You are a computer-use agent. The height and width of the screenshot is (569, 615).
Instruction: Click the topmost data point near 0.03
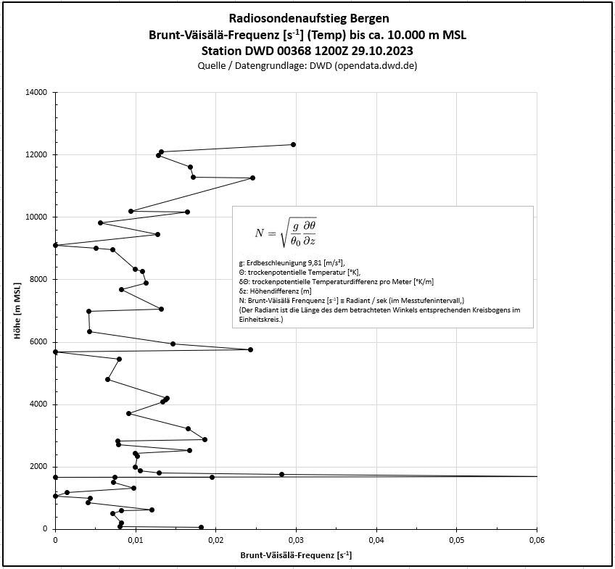[x=293, y=144]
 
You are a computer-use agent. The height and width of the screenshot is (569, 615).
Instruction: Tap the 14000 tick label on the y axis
[x=36, y=92]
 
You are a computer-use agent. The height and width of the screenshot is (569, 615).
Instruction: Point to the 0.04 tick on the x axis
[x=376, y=540]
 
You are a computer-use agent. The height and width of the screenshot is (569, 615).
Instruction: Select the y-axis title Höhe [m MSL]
[x=17, y=310]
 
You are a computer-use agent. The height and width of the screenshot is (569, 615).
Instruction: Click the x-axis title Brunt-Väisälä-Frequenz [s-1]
[x=296, y=556]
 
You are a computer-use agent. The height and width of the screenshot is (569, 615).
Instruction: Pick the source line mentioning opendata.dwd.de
[x=307, y=66]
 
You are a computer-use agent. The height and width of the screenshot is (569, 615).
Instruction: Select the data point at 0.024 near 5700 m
[x=250, y=349]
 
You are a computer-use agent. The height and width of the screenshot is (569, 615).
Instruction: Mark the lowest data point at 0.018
[x=201, y=527]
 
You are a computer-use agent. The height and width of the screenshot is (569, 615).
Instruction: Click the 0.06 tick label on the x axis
[x=536, y=540]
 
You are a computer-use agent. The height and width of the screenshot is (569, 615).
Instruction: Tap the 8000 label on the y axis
[x=38, y=279]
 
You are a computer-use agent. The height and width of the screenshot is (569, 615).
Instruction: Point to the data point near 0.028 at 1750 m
[x=281, y=474]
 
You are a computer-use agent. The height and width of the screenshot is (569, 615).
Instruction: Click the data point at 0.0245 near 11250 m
[x=252, y=178]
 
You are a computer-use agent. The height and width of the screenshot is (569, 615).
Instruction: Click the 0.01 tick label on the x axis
[x=136, y=540]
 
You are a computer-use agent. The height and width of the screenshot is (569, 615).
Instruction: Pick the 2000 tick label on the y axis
[x=38, y=467]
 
